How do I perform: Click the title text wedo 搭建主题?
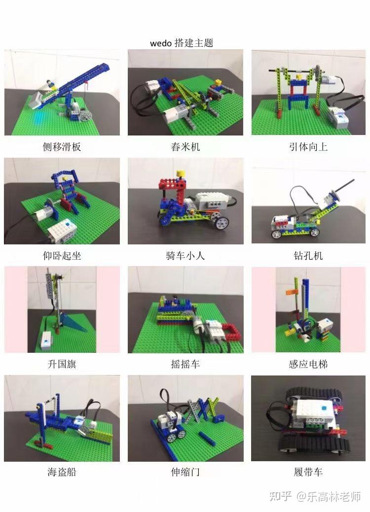coord(182,43)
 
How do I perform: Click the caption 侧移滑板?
coord(62,147)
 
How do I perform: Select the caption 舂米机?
coord(185,147)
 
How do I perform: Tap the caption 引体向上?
coord(308,147)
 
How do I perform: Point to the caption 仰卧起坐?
coord(62,256)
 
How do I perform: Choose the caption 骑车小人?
coord(185,256)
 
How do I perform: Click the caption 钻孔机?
coord(308,256)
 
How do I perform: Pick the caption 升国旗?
coord(62,365)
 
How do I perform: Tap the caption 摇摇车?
coord(185,365)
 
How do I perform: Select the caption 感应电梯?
coord(308,365)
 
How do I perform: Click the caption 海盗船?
coord(62,473)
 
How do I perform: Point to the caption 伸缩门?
coord(185,473)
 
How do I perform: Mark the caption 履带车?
coord(308,473)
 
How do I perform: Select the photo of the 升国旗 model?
coord(62,309)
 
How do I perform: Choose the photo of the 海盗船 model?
coord(62,418)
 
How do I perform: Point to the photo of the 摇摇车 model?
coord(185,309)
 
